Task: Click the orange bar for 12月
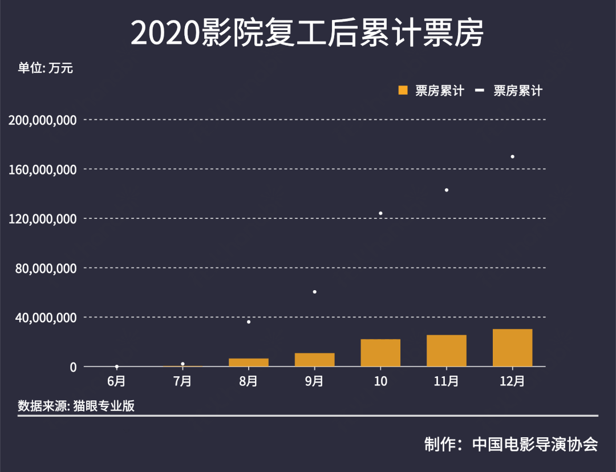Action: tap(512, 348)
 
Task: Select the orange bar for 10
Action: tap(380, 353)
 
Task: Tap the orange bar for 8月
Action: tap(249, 363)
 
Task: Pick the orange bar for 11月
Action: tap(447, 351)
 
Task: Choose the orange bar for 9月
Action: tap(314, 360)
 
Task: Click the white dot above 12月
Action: tap(513, 156)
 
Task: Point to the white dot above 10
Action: tap(380, 213)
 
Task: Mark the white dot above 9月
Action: tap(314, 292)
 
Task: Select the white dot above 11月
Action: tap(447, 190)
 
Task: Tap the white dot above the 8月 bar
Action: tap(249, 322)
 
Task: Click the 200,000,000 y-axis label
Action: tap(43, 120)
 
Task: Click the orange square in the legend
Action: tap(403, 90)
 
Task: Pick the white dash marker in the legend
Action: tap(480, 90)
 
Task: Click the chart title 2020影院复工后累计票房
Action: tap(307, 33)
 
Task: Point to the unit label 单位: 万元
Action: tap(46, 68)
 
